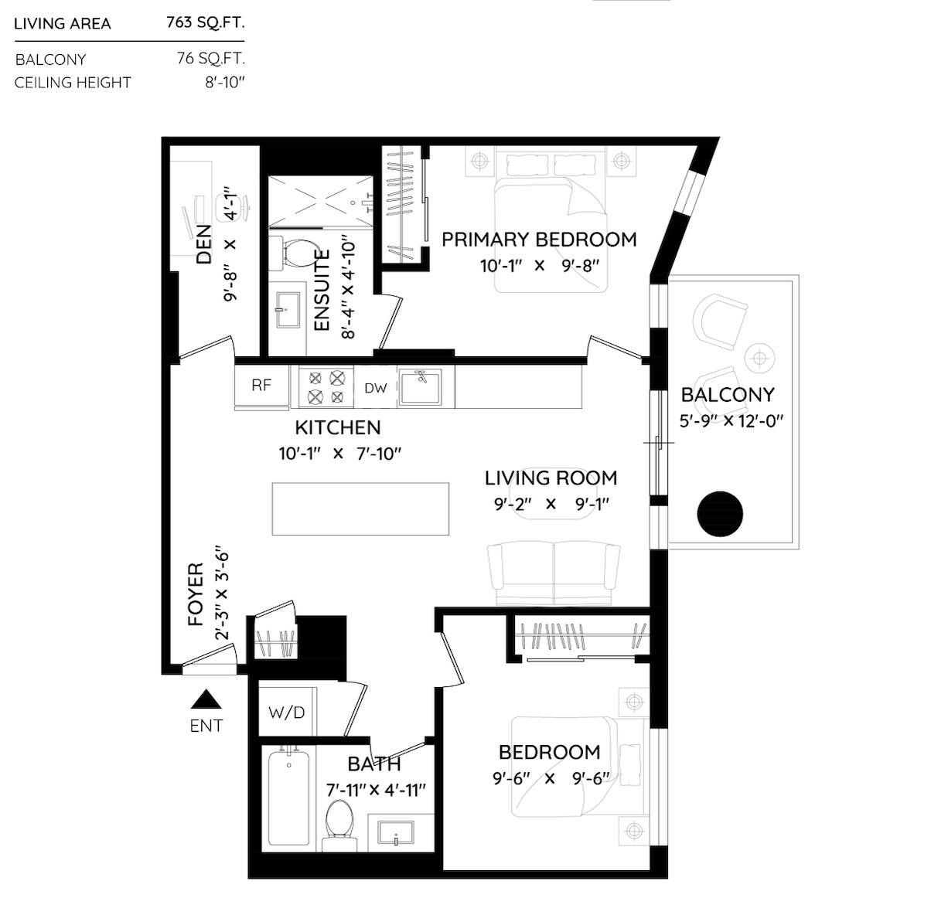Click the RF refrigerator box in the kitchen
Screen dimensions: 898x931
[x=261, y=386]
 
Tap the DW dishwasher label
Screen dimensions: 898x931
[x=375, y=388]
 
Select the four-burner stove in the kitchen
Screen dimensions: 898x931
[x=326, y=387]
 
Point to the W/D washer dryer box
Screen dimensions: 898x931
[x=286, y=713]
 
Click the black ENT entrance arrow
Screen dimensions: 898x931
[x=206, y=700]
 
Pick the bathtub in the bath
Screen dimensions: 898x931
[x=288, y=798]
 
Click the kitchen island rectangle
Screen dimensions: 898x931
[x=360, y=509]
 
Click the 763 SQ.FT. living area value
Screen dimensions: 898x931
[x=205, y=22]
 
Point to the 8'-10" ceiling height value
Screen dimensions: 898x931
[x=224, y=83]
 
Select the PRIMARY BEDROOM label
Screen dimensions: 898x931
[x=539, y=240]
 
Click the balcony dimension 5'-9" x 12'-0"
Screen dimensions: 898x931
[x=731, y=421]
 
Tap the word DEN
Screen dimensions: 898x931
[x=203, y=244]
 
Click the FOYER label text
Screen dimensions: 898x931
[x=196, y=594]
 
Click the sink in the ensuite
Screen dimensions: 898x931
[x=285, y=309]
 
